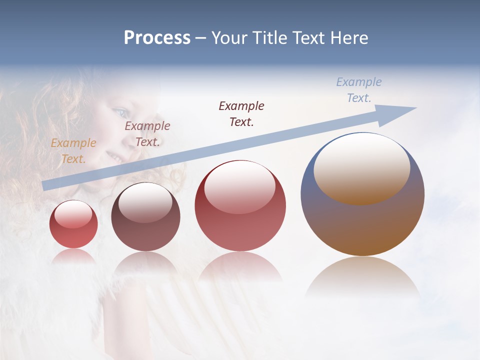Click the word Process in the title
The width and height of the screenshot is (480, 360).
(x=157, y=38)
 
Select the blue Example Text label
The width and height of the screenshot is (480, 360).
(x=358, y=90)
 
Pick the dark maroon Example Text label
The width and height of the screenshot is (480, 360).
(x=241, y=113)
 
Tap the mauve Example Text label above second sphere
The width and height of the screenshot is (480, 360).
(x=147, y=134)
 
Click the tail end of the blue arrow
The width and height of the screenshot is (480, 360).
(x=46, y=185)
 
